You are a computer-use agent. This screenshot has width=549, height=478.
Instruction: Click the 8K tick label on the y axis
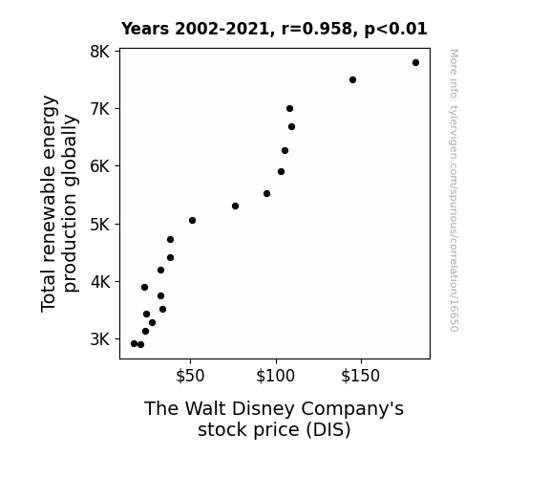tap(100, 52)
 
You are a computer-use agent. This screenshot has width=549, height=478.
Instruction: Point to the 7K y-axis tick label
tap(100, 109)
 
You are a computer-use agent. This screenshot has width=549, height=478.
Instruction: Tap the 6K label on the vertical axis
tap(100, 166)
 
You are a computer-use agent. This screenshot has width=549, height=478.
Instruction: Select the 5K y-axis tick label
tap(100, 224)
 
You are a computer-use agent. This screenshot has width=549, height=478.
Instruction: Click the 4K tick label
tap(100, 282)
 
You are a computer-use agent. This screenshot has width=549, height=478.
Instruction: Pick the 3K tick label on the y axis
tap(100, 339)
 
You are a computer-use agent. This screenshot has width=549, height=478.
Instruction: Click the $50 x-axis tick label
tap(190, 376)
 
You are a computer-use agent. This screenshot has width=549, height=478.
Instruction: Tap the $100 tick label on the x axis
tap(276, 376)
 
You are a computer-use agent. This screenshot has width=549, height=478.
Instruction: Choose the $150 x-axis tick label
tap(361, 376)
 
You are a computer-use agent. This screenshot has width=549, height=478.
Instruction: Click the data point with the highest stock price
tap(415, 63)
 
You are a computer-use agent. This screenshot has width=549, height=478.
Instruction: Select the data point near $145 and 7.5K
tap(352, 80)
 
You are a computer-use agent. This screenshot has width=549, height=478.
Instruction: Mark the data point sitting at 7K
tap(289, 109)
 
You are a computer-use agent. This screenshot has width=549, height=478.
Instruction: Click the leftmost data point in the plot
tap(134, 344)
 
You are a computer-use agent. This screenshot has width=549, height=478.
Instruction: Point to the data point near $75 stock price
tap(235, 206)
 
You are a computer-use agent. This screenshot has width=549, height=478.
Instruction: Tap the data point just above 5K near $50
tap(192, 220)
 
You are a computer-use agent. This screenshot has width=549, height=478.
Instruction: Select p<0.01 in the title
tap(395, 30)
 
